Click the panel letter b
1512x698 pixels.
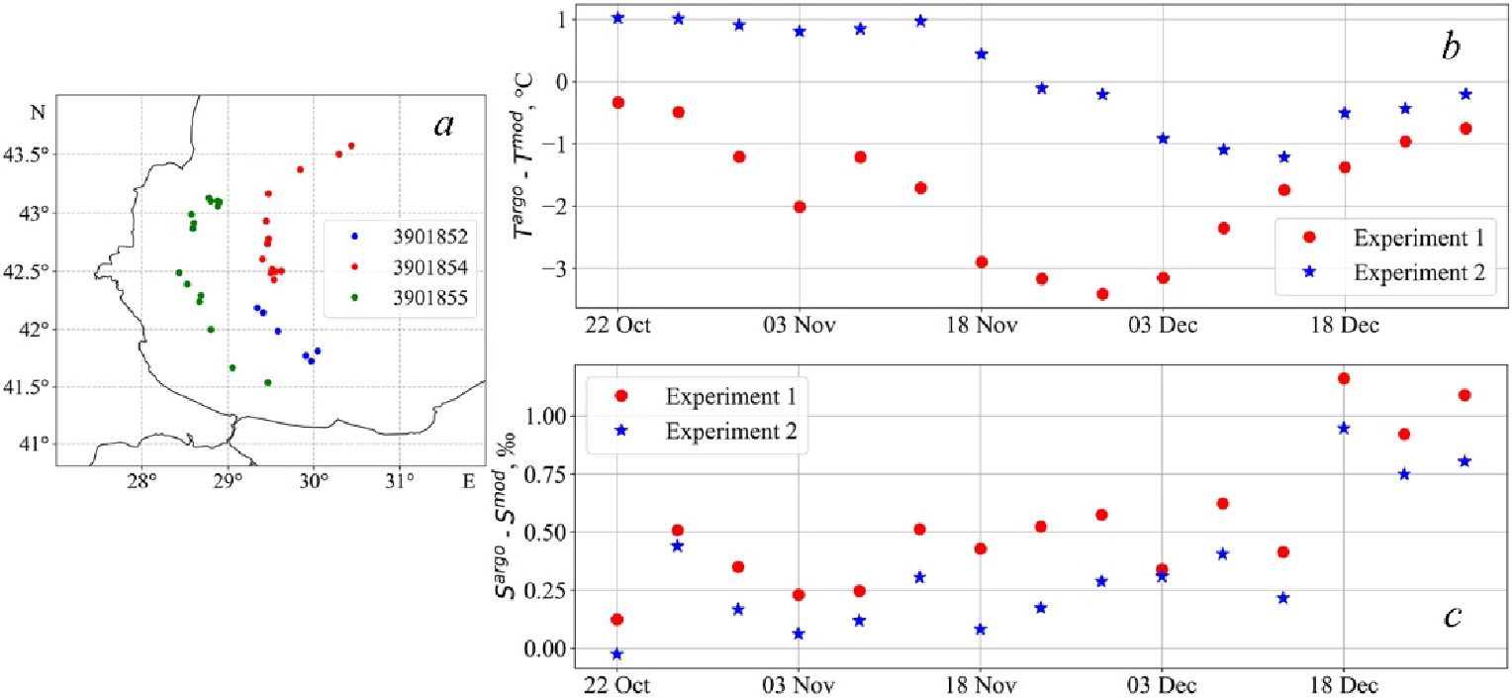click(1451, 47)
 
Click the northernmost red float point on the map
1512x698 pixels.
click(351, 146)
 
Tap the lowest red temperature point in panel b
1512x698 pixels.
click(1102, 294)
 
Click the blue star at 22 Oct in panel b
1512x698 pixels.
click(617, 18)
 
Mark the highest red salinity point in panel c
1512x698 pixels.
click(1344, 378)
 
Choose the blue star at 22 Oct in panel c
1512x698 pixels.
click(617, 654)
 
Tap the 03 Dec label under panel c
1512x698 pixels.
click(1161, 684)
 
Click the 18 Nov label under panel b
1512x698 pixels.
click(980, 325)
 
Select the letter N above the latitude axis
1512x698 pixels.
click(38, 112)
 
